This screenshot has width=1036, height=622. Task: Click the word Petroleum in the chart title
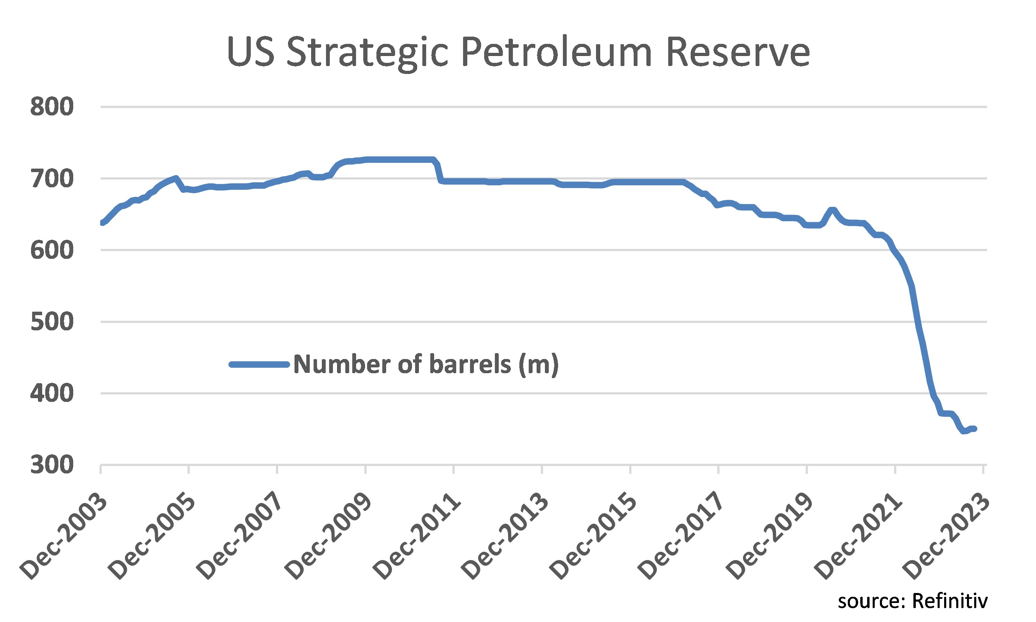tap(557, 53)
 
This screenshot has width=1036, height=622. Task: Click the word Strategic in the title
tap(367, 53)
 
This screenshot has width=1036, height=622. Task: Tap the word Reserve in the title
tap(738, 53)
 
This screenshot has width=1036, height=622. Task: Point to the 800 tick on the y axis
tap(52, 106)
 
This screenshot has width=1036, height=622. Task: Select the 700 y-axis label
tap(52, 179)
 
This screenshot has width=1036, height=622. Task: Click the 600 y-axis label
tap(52, 250)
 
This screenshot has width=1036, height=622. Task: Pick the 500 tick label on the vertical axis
tap(52, 322)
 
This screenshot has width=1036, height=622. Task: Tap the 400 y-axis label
tap(52, 394)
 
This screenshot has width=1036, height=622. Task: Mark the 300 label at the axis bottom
tap(52, 465)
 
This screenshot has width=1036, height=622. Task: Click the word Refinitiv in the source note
tap(950, 601)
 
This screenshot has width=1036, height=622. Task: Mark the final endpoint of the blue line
tap(975, 429)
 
